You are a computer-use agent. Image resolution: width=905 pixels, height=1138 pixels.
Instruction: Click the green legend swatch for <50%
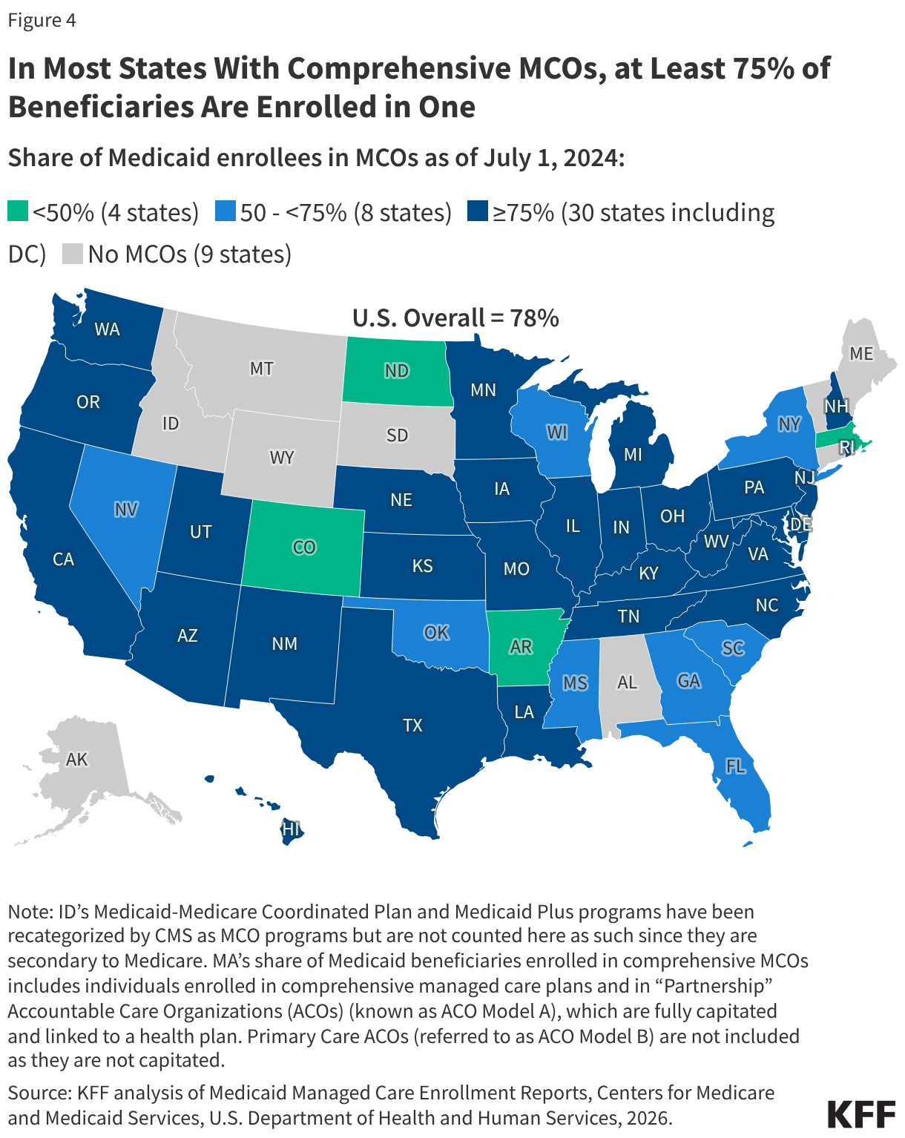pyautogui.click(x=18, y=211)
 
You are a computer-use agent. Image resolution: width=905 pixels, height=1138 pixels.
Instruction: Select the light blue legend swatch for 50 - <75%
pyautogui.click(x=225, y=211)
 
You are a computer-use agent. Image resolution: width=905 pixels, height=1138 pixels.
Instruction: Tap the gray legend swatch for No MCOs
pyautogui.click(x=72, y=254)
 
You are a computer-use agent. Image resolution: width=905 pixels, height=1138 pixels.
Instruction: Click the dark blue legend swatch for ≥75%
pyautogui.click(x=477, y=211)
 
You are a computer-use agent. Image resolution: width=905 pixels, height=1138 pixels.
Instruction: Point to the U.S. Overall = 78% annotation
pyautogui.click(x=455, y=318)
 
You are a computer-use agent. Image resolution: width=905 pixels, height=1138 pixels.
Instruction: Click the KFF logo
pyautogui.click(x=860, y=1114)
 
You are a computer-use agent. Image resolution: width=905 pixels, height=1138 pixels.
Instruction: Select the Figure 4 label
pyautogui.click(x=42, y=20)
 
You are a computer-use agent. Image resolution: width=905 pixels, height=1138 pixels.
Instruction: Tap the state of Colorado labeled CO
pyautogui.click(x=304, y=547)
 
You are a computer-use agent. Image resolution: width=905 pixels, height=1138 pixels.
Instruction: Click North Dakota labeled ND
pyautogui.click(x=397, y=371)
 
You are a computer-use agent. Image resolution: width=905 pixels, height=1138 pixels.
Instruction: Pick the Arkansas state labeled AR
pyautogui.click(x=521, y=647)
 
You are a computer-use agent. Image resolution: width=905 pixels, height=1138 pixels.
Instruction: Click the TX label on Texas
pyautogui.click(x=412, y=726)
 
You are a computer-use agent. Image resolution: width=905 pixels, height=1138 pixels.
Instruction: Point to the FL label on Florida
pyautogui.click(x=735, y=766)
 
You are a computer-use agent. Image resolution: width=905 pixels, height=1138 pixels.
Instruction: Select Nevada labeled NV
pyautogui.click(x=126, y=510)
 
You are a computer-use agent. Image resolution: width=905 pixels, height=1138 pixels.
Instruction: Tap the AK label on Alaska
pyautogui.click(x=77, y=760)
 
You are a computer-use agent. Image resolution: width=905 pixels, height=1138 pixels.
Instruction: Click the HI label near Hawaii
pyautogui.click(x=292, y=829)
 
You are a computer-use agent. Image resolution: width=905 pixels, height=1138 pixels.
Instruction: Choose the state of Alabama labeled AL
pyautogui.click(x=628, y=683)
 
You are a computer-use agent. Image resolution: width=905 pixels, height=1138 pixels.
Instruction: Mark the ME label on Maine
pyautogui.click(x=861, y=354)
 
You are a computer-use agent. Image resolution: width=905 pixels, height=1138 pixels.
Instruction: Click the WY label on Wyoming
pyautogui.click(x=282, y=458)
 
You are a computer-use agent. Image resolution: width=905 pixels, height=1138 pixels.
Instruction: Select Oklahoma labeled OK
pyautogui.click(x=436, y=632)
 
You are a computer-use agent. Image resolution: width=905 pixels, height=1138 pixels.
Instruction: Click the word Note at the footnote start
pyautogui.click(x=28, y=912)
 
